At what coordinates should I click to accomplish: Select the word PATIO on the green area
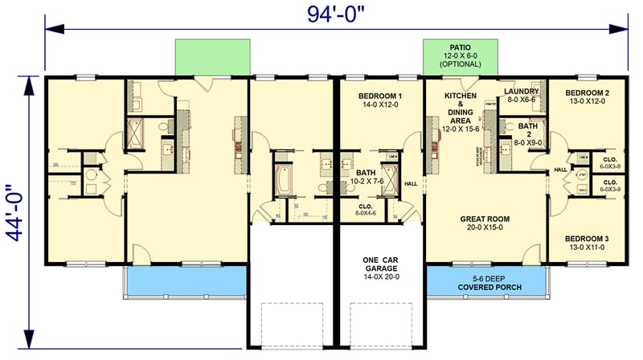(461, 46)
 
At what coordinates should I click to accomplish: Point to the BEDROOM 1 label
(379, 96)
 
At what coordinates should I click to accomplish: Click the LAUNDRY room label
(521, 92)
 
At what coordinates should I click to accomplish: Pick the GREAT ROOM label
(485, 219)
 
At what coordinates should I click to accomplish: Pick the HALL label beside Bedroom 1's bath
(411, 183)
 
